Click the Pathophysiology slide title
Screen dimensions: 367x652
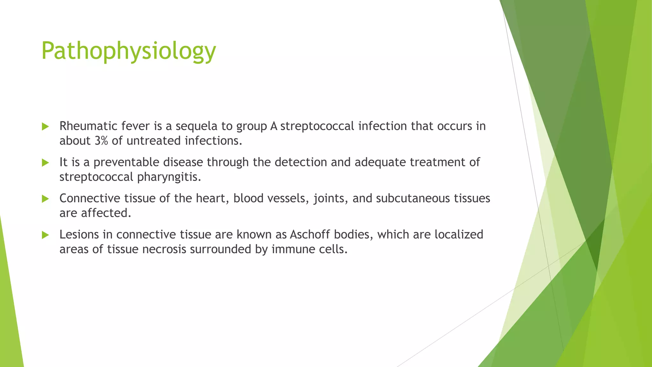(129, 51)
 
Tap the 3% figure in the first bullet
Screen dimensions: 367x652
(101, 141)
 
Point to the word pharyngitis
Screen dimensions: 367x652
(169, 177)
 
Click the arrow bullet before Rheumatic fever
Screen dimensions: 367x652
(45, 126)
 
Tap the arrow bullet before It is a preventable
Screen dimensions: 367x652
(45, 163)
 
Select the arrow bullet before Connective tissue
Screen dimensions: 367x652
(45, 199)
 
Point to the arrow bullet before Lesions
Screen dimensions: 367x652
(45, 235)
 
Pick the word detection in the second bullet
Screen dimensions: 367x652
(301, 162)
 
